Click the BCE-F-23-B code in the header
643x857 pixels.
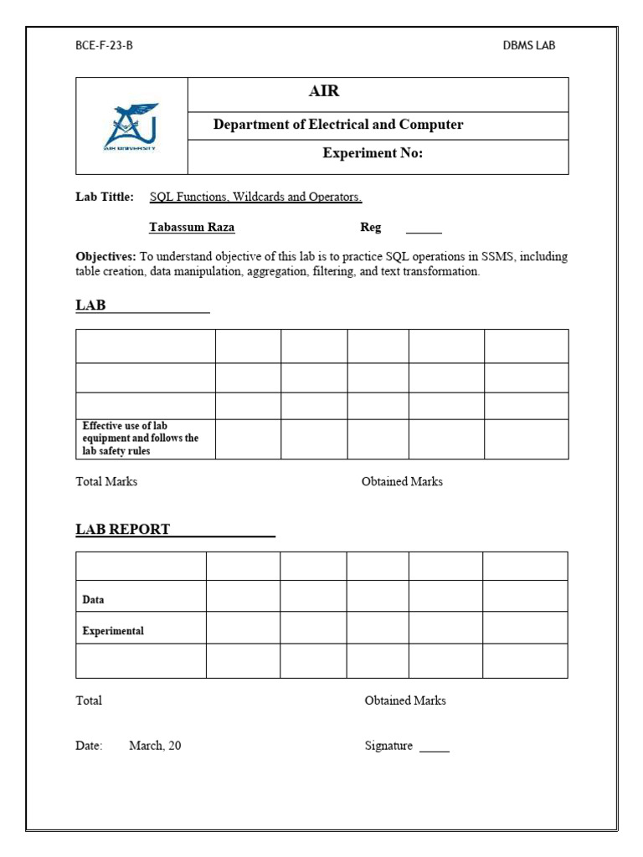[104, 45]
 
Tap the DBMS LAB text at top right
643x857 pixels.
[528, 45]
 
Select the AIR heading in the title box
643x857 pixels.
[324, 92]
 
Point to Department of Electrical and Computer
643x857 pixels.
[337, 125]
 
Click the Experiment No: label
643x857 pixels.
[373, 153]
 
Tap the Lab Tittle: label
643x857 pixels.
[105, 198]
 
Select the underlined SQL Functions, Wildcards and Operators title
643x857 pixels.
[255, 198]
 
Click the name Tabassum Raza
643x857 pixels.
[192, 228]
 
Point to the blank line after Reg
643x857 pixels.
[424, 231]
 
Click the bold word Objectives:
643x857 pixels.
[105, 257]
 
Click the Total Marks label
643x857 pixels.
[106, 482]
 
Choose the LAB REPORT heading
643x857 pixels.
[123, 529]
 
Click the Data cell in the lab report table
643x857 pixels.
[93, 600]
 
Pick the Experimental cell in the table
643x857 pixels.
[113, 631]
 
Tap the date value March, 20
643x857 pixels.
[155, 746]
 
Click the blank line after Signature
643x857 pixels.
[434, 749]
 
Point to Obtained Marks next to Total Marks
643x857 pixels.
[402, 482]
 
